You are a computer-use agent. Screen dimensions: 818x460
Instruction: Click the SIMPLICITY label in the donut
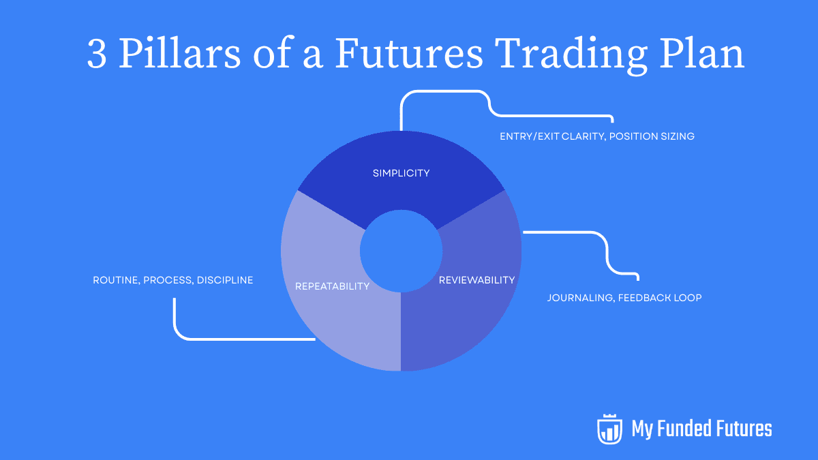(x=401, y=173)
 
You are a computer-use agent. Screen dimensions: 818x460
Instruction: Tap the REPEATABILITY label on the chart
(x=333, y=286)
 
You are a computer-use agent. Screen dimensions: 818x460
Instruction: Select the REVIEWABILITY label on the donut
(x=476, y=280)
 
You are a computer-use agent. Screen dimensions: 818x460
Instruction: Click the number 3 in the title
(x=97, y=54)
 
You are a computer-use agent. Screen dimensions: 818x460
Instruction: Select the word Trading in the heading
(x=571, y=55)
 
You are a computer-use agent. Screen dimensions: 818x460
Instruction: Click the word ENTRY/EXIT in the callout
(x=530, y=136)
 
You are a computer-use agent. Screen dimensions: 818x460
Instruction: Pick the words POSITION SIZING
(x=652, y=136)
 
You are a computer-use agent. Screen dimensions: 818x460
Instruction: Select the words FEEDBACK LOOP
(x=660, y=298)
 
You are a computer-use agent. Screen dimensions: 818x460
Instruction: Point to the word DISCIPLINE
(x=225, y=280)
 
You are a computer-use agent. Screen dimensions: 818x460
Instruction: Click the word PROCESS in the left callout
(x=168, y=280)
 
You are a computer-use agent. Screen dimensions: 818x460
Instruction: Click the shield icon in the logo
(x=609, y=429)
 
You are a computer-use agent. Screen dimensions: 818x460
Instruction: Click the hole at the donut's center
(x=401, y=251)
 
